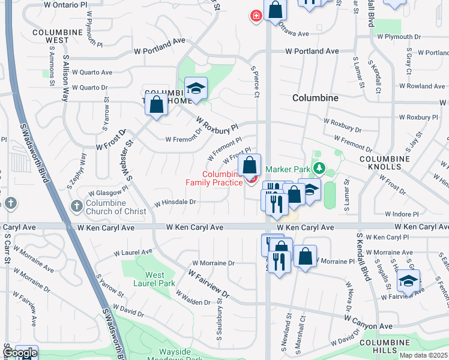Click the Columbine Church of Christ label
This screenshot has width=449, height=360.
pyautogui.click(x=116, y=207)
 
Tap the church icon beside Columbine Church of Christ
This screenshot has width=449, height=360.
pyautogui.click(x=76, y=206)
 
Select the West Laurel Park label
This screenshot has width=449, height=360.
pyautogui.click(x=155, y=279)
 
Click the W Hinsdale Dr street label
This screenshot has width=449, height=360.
pyautogui.click(x=175, y=202)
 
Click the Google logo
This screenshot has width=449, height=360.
pyautogui.click(x=20, y=353)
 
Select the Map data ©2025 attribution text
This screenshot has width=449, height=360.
pyautogui.click(x=423, y=355)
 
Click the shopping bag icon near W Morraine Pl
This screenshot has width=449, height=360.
pyautogui.click(x=305, y=256)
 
